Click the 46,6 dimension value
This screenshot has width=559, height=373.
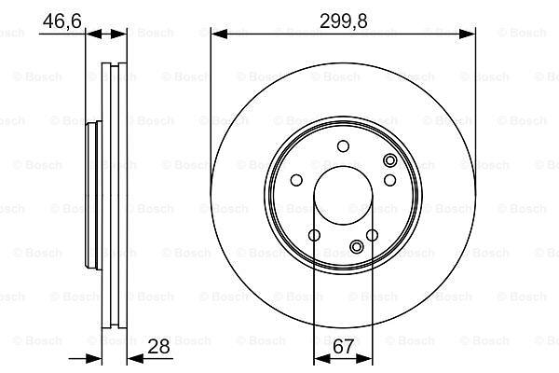[62, 21]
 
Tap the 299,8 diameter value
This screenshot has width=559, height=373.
[343, 21]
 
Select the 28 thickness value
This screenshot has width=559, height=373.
[158, 346]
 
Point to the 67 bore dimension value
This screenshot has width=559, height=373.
[343, 346]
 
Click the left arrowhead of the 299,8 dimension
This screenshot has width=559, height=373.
[219, 34]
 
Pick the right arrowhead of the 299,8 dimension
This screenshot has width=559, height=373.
[468, 34]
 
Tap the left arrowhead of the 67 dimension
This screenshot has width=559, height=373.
[322, 358]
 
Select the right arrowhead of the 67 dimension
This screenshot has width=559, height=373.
[364, 358]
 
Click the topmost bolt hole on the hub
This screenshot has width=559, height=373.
[343, 146]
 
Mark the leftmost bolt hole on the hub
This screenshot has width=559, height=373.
[296, 180]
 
